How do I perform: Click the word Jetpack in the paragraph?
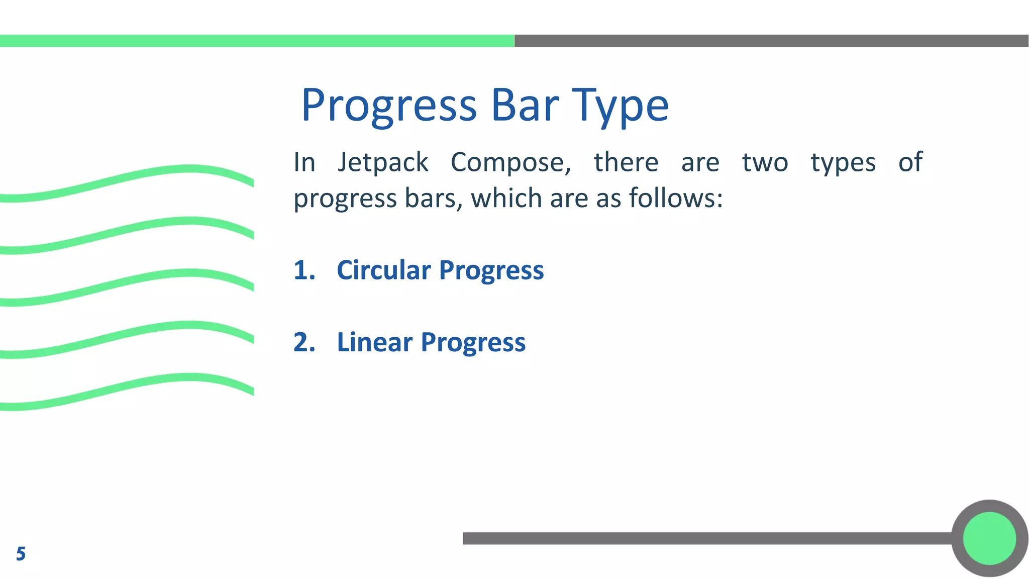pyautogui.click(x=383, y=163)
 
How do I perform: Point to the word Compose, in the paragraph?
pyautogui.click(x=510, y=163)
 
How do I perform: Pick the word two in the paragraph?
pyautogui.click(x=765, y=163)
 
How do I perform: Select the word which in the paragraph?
pyautogui.click(x=507, y=198)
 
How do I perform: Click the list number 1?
pyautogui.click(x=304, y=270)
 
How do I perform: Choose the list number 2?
pyautogui.click(x=304, y=342)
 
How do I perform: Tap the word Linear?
pyautogui.click(x=375, y=342)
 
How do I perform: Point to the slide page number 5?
pyautogui.click(x=21, y=554)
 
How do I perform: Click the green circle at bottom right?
pyautogui.click(x=989, y=538)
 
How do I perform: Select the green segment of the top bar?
pyautogui.click(x=256, y=41)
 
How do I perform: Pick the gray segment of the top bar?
pyautogui.click(x=771, y=41)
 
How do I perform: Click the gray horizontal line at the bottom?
pyautogui.click(x=703, y=538)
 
